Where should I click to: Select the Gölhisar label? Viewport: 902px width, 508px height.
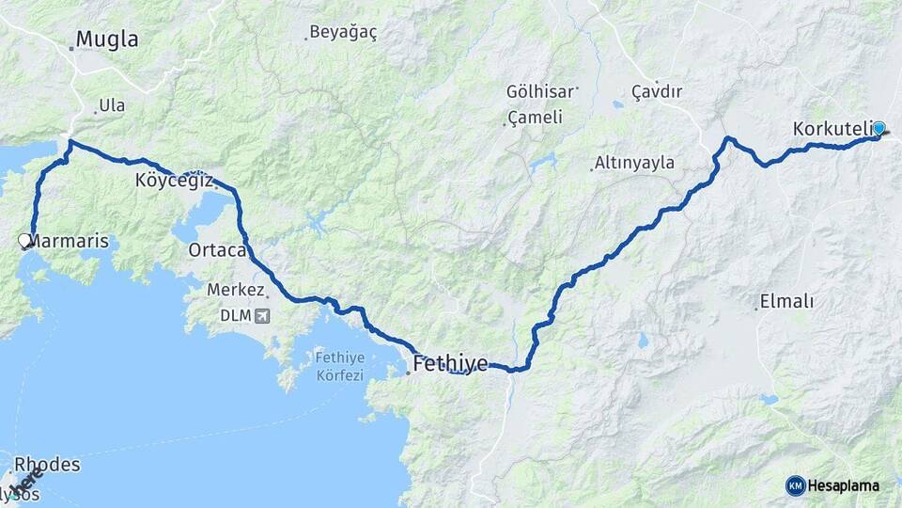click(x=539, y=92)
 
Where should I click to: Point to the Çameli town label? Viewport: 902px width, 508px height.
click(x=535, y=118)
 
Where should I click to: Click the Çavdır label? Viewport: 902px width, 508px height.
click(x=656, y=91)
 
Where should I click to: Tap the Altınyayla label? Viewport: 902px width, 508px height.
click(x=637, y=163)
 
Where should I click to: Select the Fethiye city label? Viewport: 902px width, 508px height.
click(x=450, y=363)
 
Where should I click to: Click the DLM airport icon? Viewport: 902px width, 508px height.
click(x=260, y=315)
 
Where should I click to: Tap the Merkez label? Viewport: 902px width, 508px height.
click(x=236, y=292)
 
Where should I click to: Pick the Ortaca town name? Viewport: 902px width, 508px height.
click(x=217, y=250)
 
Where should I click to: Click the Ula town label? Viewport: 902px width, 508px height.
click(x=111, y=106)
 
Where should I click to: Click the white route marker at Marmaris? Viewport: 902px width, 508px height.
click(x=25, y=241)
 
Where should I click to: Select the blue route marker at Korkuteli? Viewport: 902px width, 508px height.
click(x=879, y=129)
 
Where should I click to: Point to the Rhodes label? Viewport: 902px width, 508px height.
click(x=46, y=465)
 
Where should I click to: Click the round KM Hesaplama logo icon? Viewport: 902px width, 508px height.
click(x=795, y=485)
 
